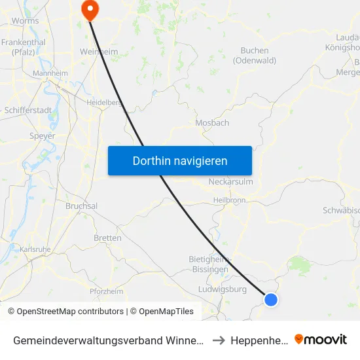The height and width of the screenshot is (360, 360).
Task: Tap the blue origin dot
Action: (270, 299)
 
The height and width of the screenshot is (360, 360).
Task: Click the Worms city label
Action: (26, 20)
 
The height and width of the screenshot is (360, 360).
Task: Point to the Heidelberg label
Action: (104, 103)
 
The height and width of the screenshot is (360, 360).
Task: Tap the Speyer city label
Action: (43, 136)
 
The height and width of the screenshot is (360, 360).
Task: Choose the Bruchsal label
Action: (82, 206)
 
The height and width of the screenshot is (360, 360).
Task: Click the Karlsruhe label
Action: (35, 249)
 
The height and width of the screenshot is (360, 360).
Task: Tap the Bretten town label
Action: (107, 238)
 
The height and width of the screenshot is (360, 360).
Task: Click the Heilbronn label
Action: (228, 200)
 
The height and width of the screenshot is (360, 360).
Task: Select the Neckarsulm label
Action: (230, 182)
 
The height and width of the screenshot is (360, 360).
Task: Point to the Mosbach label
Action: (212, 122)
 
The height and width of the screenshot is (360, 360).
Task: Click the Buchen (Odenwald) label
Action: (255, 56)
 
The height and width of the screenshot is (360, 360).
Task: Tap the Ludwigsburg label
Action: (222, 289)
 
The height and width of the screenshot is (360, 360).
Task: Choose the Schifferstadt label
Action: (29, 111)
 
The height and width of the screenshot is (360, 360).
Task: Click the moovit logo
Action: (321, 339)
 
